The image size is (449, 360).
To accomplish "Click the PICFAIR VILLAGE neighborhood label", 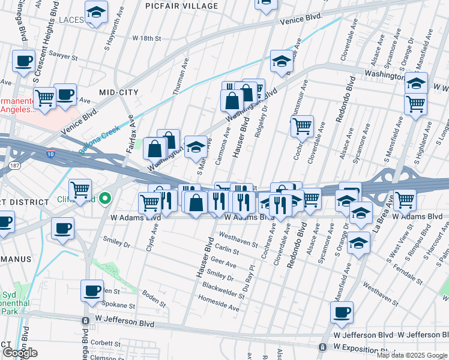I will tap(182, 6).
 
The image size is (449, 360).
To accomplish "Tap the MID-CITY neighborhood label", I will tap(119, 92).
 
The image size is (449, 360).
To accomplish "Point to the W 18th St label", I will tap(146, 38).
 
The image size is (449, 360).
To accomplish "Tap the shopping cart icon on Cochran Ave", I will tap(302, 127).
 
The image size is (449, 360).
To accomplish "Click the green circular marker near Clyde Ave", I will tap(105, 198).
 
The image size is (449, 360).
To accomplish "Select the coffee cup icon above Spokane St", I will tap(92, 291).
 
